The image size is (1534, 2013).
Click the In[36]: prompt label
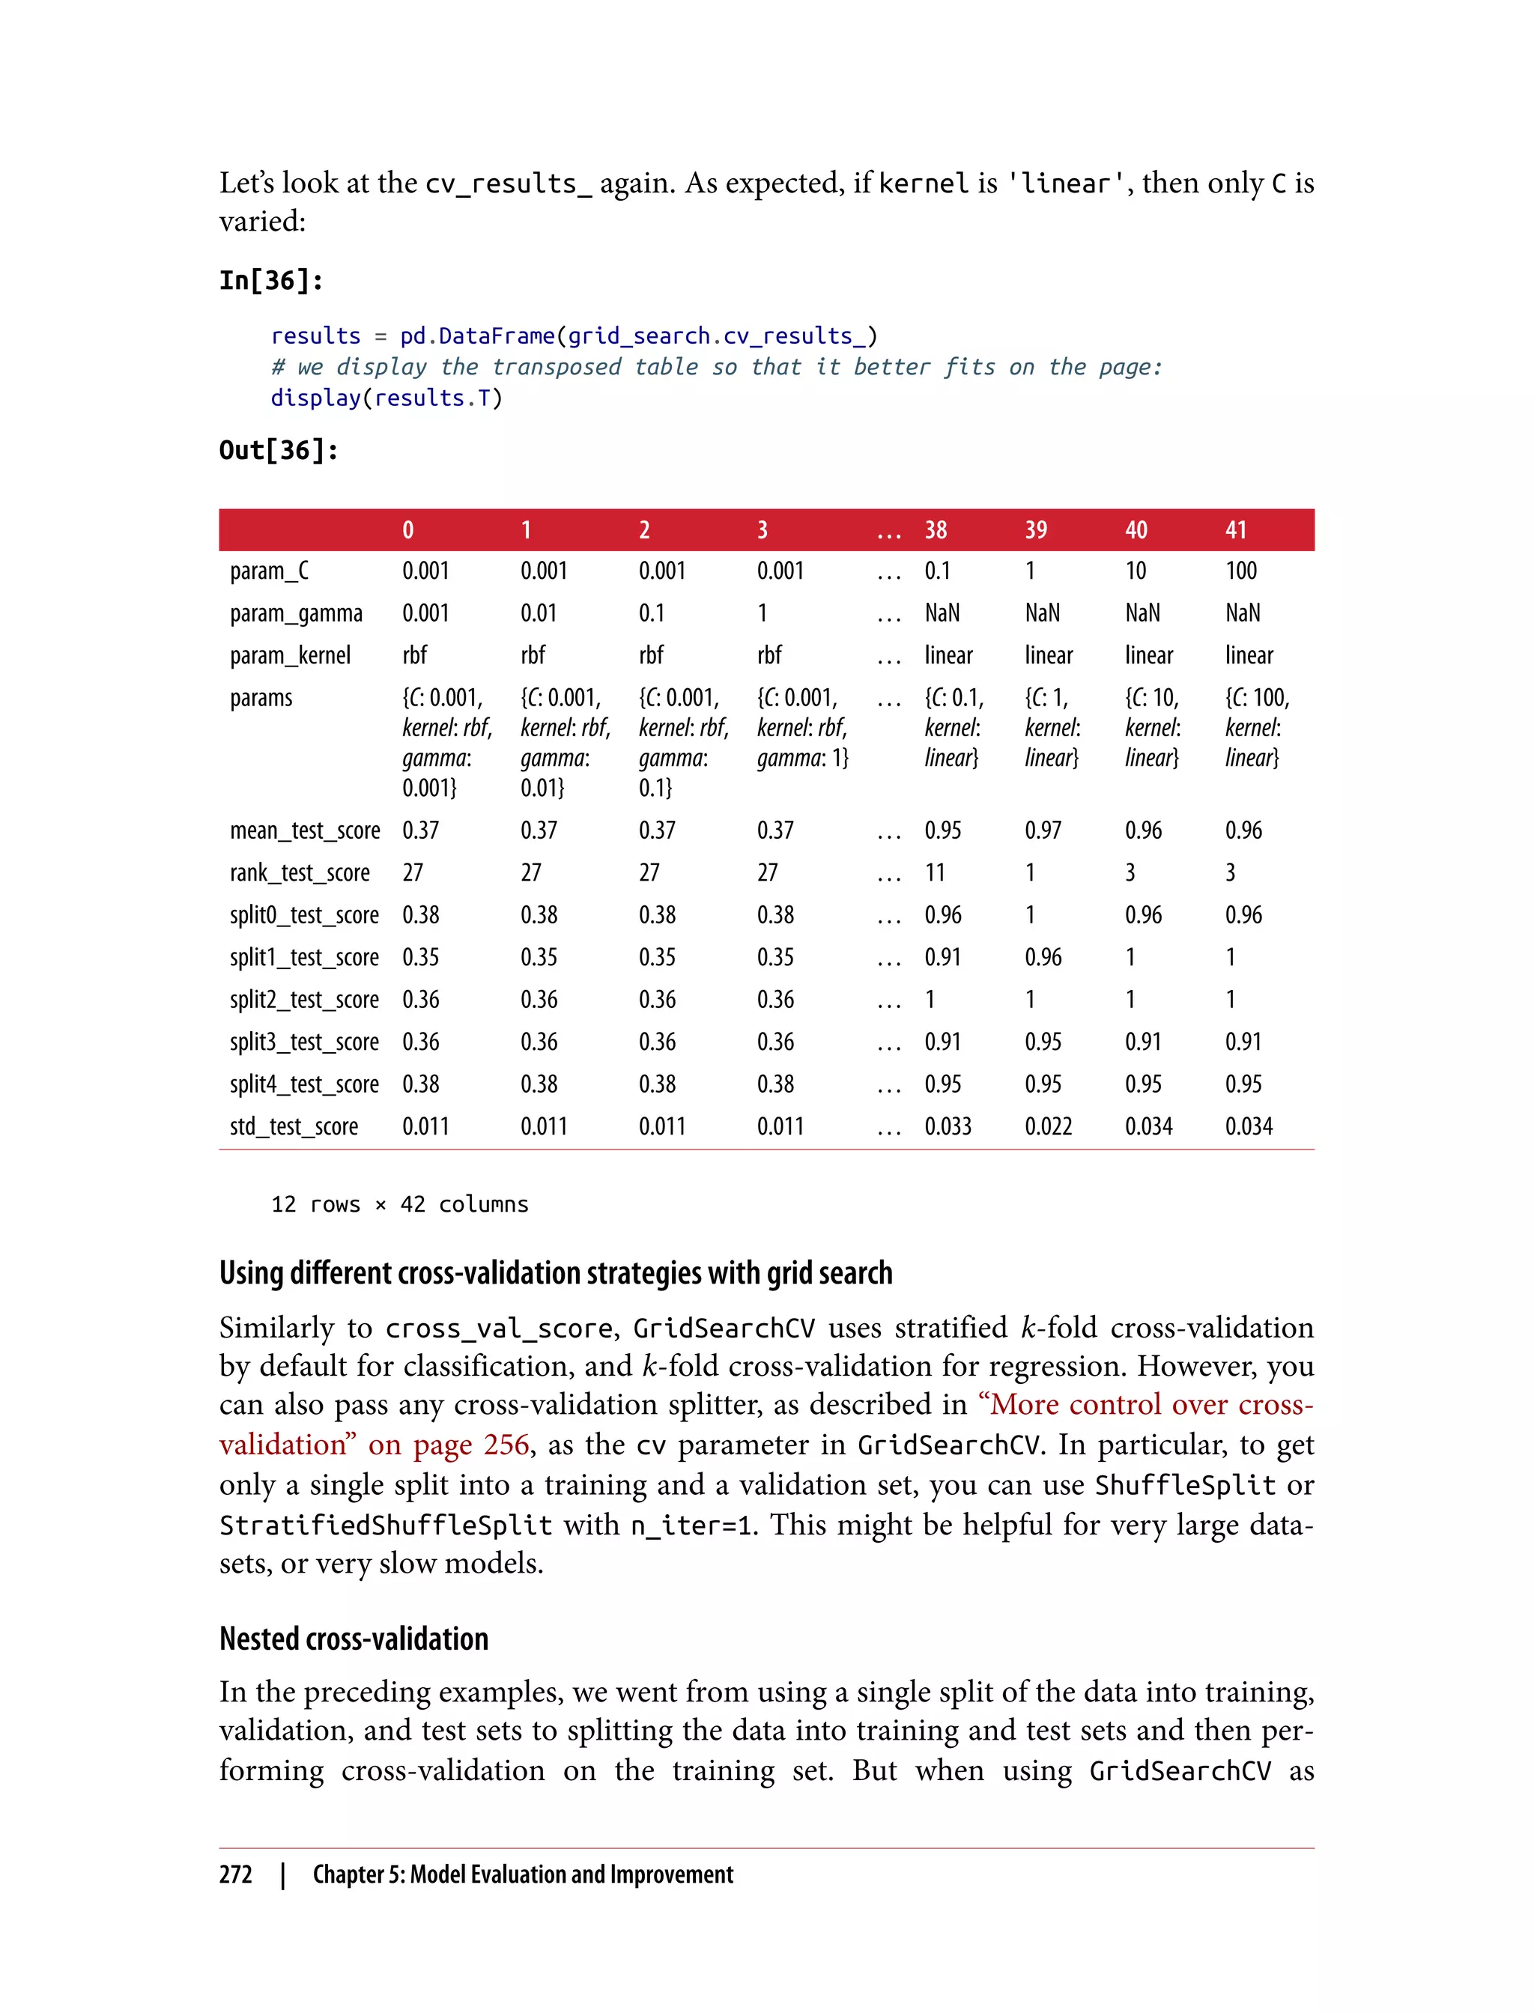coord(271,280)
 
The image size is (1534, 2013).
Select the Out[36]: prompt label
coord(279,450)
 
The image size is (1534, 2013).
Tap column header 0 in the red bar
coord(407,530)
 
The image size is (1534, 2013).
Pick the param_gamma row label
coord(296,613)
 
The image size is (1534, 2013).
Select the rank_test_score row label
coord(300,872)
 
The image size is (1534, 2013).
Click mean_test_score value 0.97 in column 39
coord(1043,831)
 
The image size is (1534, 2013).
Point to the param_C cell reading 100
coord(1241,571)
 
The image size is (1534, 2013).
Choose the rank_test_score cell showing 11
coord(934,872)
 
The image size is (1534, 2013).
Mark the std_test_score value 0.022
coord(1048,1126)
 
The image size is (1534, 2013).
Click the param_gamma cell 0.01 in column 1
coord(539,613)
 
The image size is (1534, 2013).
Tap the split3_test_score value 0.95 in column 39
coord(1043,1042)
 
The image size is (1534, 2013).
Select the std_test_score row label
coord(294,1126)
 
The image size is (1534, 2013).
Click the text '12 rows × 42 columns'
coord(399,1204)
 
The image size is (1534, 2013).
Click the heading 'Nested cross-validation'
coord(354,1639)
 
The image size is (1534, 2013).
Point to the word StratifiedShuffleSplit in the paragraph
coord(385,1525)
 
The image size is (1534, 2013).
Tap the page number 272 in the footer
coord(236,1874)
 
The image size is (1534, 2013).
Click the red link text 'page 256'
coord(470,1445)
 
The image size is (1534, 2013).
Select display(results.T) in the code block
coord(386,398)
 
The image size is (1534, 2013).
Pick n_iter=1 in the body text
coord(693,1525)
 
